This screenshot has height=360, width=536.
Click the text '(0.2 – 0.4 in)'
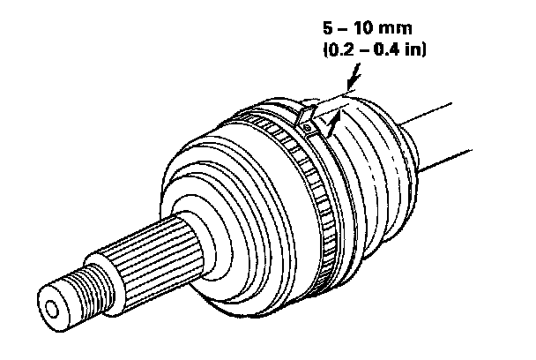click(376, 50)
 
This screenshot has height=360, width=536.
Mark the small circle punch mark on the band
click(304, 130)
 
